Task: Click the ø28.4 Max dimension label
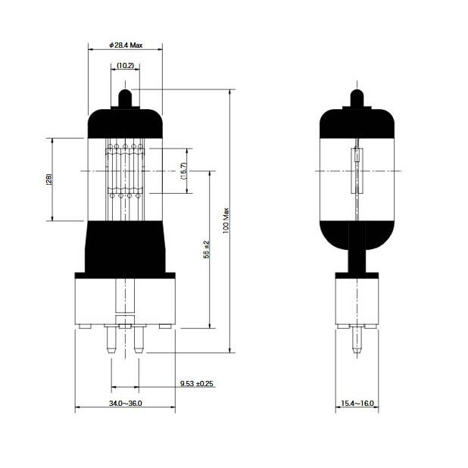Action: coord(126,45)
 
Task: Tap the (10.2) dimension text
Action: coord(126,66)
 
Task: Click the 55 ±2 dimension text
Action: coord(207,250)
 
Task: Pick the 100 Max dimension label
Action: coord(226,220)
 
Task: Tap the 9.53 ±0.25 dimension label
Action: coord(197,384)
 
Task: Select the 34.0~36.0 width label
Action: coord(126,403)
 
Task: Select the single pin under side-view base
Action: coord(355,342)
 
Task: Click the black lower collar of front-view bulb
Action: coord(126,246)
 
